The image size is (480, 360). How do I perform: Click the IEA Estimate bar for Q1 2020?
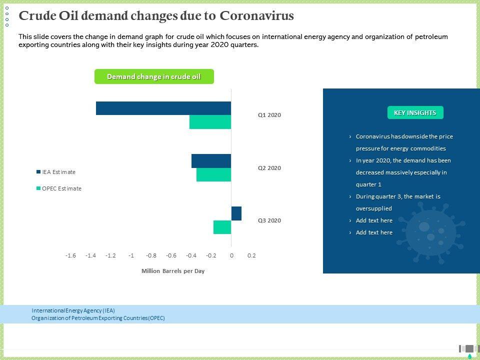163,108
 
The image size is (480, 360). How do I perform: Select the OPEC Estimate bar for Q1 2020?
210,122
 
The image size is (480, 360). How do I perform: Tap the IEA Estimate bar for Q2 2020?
211,161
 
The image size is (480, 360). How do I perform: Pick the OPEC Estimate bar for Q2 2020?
213,174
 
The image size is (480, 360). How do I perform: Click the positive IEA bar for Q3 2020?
236,213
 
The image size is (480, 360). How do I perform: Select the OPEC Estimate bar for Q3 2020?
222,227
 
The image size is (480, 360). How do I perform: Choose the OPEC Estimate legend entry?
58,188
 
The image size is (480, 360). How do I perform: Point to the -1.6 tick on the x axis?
70,255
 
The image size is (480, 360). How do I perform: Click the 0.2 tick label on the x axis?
251,255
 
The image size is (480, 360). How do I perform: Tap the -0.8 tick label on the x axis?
151,255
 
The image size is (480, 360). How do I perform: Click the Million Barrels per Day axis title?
173,271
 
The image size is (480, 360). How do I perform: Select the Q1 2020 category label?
269,115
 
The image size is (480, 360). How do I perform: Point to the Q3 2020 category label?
269,220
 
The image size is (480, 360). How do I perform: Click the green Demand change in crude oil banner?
154,76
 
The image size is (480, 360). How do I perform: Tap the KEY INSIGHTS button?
415,112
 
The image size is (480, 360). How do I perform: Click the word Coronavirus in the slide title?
257,16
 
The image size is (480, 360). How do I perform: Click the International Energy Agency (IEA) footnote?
73,310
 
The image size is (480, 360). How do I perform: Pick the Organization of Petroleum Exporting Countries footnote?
98,318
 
